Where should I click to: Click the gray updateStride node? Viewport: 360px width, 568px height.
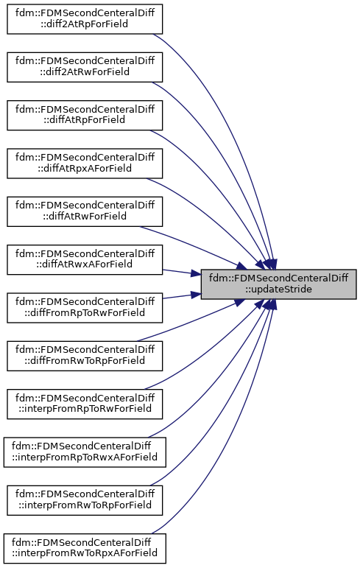[278, 284]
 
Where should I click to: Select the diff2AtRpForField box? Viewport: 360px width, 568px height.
[85, 19]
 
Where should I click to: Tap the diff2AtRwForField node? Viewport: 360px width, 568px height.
[85, 67]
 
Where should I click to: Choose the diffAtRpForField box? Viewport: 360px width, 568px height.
[85, 116]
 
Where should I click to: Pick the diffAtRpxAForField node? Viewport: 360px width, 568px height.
[85, 164]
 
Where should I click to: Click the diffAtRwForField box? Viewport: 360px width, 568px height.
[85, 211]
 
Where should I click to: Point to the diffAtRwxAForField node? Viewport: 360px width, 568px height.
[85, 260]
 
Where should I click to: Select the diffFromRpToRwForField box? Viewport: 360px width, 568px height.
[85, 308]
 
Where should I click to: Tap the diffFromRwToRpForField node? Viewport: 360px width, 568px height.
[85, 356]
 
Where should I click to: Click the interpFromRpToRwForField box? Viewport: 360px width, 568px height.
[85, 404]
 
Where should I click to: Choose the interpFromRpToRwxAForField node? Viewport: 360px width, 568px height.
[85, 452]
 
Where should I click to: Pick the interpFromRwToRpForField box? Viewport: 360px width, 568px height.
[85, 500]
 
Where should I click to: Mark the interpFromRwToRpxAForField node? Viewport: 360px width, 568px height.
[85, 548]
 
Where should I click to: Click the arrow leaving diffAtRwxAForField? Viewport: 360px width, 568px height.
[182, 273]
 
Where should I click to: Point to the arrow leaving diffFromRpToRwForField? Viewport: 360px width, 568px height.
[182, 296]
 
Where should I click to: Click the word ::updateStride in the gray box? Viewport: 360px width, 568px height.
[278, 290]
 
